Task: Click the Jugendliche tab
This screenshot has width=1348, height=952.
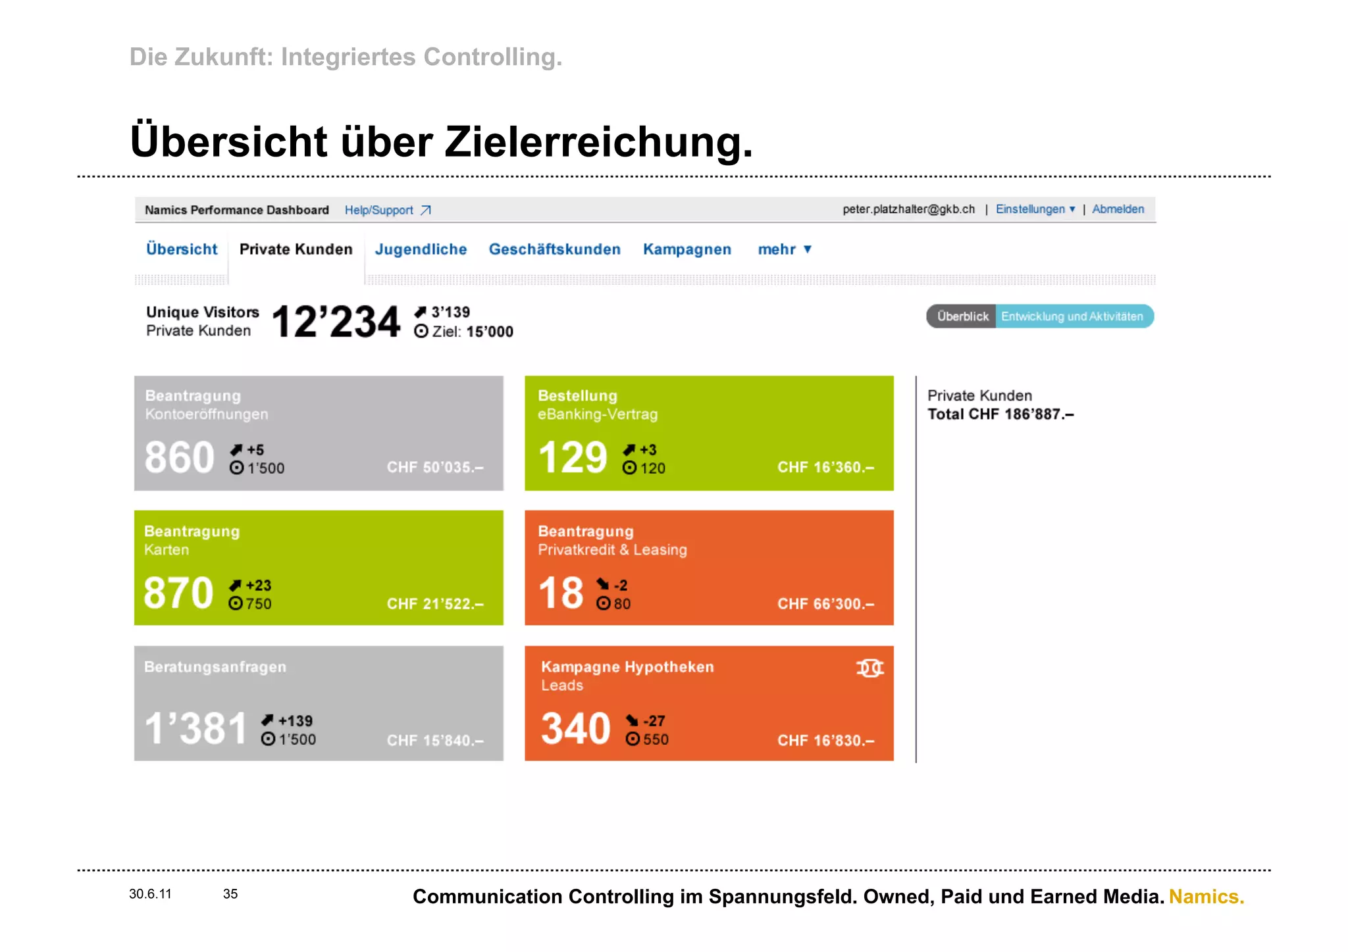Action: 421,249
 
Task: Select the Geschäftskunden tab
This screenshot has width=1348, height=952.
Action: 554,249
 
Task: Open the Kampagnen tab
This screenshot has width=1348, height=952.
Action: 687,249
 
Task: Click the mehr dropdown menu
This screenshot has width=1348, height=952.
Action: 784,249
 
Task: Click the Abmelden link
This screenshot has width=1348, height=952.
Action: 1118,209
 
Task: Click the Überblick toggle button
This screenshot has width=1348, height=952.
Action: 962,316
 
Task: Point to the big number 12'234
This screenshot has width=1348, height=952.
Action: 336,322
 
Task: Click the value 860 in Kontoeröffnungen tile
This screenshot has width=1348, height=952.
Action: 179,457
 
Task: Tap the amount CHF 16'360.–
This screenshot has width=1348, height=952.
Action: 825,467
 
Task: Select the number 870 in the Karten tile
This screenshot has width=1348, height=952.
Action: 178,593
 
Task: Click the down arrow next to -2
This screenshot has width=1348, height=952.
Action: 602,584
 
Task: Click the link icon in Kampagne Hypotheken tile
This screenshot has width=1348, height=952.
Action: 869,668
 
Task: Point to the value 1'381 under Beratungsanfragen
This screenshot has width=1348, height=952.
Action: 195,729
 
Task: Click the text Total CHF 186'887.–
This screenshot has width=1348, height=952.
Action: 1000,414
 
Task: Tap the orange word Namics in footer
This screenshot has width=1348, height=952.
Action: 1206,897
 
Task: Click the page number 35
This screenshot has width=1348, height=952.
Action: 230,894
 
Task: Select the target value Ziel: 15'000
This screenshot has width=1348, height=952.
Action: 471,332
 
